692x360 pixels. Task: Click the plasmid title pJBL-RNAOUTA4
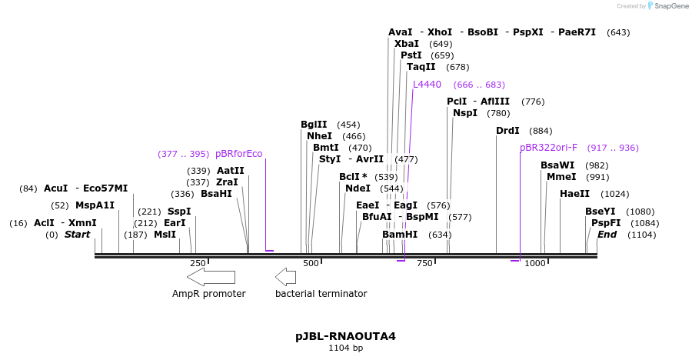point(345,336)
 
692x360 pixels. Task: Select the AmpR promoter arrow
point(211,277)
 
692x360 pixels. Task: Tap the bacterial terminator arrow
point(285,277)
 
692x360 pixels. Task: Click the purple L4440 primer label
point(427,85)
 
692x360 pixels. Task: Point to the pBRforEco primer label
point(238,154)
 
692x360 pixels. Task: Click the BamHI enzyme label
point(400,234)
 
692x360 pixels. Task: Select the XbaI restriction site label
point(407,44)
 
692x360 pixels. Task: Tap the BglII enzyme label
point(314,125)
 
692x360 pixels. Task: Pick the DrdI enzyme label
point(507,131)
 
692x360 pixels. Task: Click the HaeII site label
point(574,194)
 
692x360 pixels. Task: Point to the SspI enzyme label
point(179,211)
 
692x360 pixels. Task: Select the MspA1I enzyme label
point(95,205)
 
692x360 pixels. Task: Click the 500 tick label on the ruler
point(311,263)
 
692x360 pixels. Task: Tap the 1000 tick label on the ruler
point(535,263)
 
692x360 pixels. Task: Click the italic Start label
point(78,234)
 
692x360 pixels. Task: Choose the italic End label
point(607,234)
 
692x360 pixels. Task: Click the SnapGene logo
point(668,6)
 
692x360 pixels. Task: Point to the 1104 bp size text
point(345,348)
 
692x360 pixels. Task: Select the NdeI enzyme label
point(358,188)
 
